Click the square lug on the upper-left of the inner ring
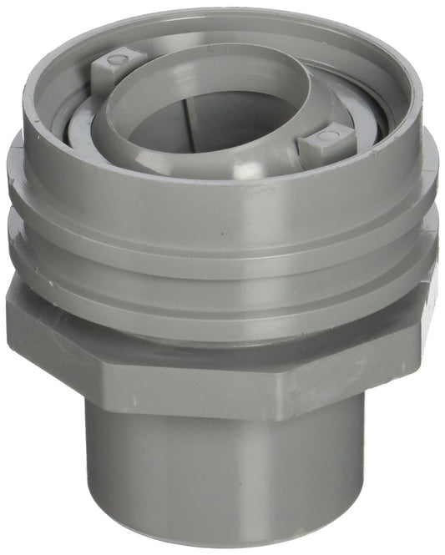pyautogui.click(x=116, y=68)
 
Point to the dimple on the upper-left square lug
pyautogui.click(x=115, y=59)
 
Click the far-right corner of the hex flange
pyautogui.click(x=437, y=300)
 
